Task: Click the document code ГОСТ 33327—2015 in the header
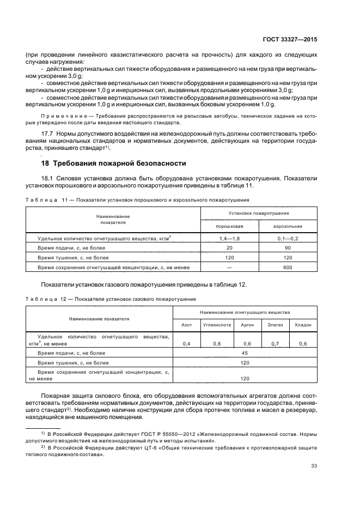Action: point(291,39)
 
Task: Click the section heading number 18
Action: point(46,163)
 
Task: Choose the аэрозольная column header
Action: point(288,226)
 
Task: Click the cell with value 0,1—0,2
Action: point(288,239)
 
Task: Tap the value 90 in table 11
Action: point(288,248)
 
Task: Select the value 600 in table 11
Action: point(288,267)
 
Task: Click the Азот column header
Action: point(186,324)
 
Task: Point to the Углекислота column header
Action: point(217,324)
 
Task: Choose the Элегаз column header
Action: point(275,324)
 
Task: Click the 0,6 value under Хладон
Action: point(303,344)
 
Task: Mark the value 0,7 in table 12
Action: point(275,344)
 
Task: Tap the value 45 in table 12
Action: point(245,353)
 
